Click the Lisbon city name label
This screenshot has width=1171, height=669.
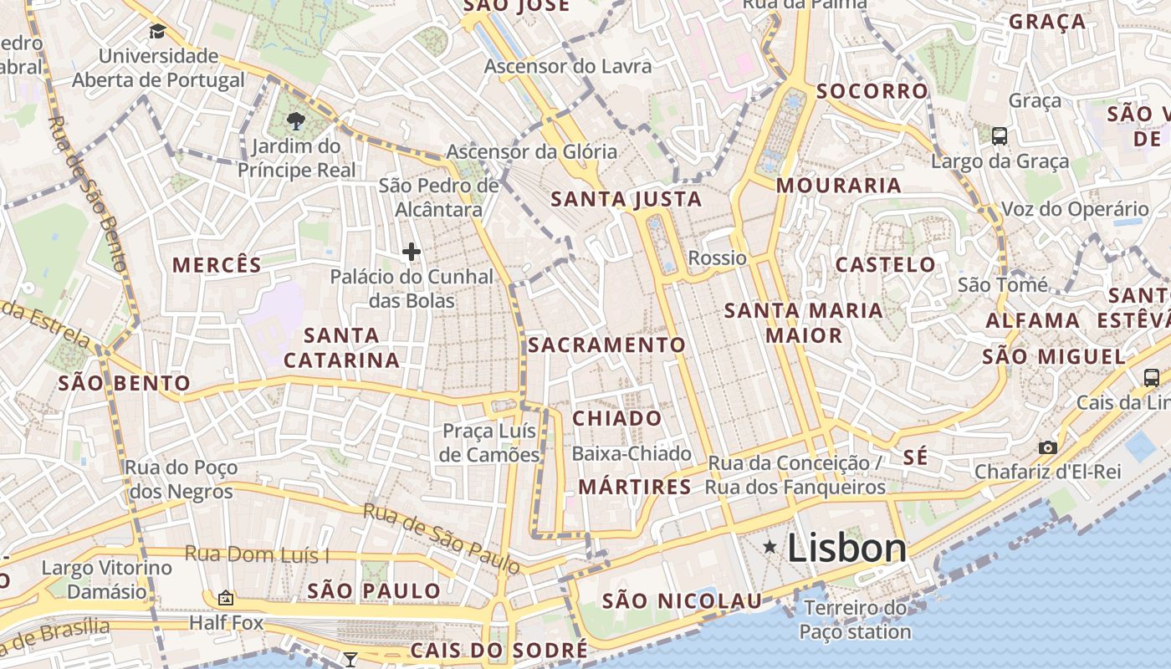[x=846, y=549]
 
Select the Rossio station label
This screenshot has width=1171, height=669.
[x=717, y=258]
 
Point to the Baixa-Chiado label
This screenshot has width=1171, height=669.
[x=632, y=454]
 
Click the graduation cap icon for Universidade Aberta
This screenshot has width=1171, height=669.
[x=157, y=32]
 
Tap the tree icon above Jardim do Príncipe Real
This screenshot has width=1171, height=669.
[x=295, y=121]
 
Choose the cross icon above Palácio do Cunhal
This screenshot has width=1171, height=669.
[x=411, y=251]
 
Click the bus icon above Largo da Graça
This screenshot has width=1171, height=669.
[x=999, y=135]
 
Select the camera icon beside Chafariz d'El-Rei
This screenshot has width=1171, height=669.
[x=1047, y=447]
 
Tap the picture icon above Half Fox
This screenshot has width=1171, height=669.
[x=225, y=598]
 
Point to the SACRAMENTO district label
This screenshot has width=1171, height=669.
[x=606, y=345]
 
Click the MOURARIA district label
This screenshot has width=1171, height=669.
[x=839, y=186]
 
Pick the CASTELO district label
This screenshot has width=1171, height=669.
[x=886, y=265]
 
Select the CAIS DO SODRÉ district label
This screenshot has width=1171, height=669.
[x=499, y=651]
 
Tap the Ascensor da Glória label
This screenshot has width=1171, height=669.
[x=531, y=152]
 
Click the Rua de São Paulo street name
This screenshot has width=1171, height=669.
[x=441, y=539]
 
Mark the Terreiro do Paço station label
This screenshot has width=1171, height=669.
[x=855, y=620]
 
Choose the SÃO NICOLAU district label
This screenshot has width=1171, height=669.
[x=683, y=600]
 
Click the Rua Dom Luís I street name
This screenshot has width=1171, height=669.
[x=257, y=554]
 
